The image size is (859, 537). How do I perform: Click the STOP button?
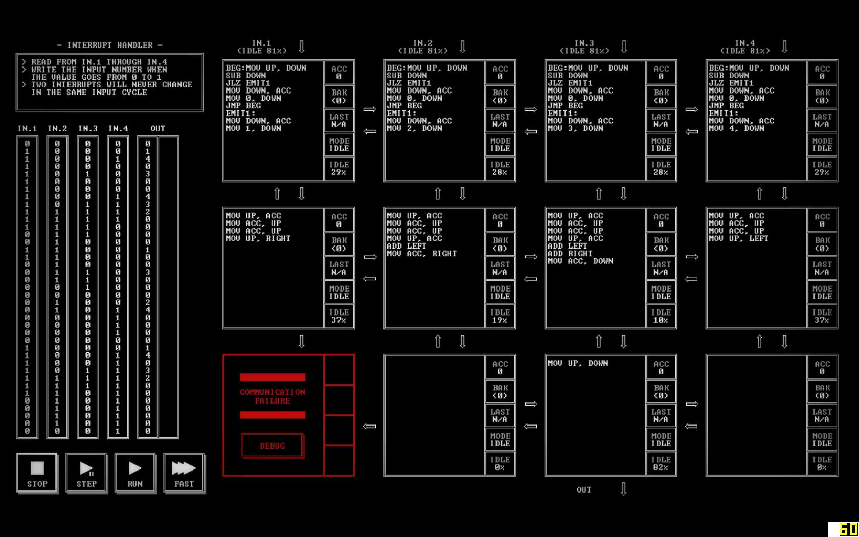[37, 473]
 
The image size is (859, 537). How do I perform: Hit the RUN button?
[135, 473]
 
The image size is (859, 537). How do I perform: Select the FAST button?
[184, 473]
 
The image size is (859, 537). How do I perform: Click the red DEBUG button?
[272, 445]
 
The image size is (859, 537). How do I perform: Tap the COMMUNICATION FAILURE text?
[273, 396]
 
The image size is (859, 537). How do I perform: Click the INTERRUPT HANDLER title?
[110, 45]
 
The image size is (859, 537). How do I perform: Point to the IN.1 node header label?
[261, 47]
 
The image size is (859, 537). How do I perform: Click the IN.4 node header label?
[744, 47]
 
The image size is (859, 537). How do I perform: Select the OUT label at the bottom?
[584, 489]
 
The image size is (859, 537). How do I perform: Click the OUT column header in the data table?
[157, 128]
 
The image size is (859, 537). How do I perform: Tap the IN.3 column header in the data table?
[88, 128]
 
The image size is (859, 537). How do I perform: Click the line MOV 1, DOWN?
[254, 128]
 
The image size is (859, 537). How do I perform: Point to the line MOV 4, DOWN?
[736, 128]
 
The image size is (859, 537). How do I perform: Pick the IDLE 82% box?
[661, 463]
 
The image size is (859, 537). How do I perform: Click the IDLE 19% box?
[500, 316]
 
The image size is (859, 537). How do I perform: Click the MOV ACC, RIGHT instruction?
[421, 253]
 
